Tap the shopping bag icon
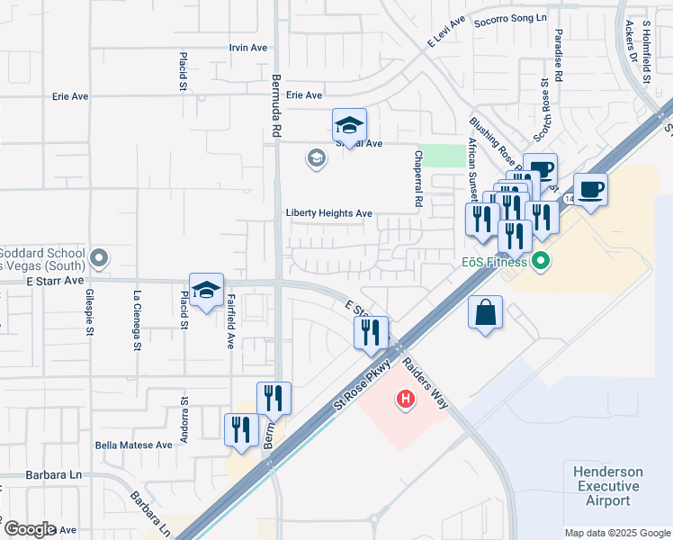(485, 314)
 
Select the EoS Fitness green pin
(540, 262)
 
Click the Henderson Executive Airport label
(608, 486)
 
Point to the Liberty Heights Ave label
(328, 213)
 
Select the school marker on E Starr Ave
(206, 291)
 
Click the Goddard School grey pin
(100, 259)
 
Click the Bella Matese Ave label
(133, 445)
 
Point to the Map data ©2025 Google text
(617, 533)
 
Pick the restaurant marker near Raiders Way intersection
(371, 333)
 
